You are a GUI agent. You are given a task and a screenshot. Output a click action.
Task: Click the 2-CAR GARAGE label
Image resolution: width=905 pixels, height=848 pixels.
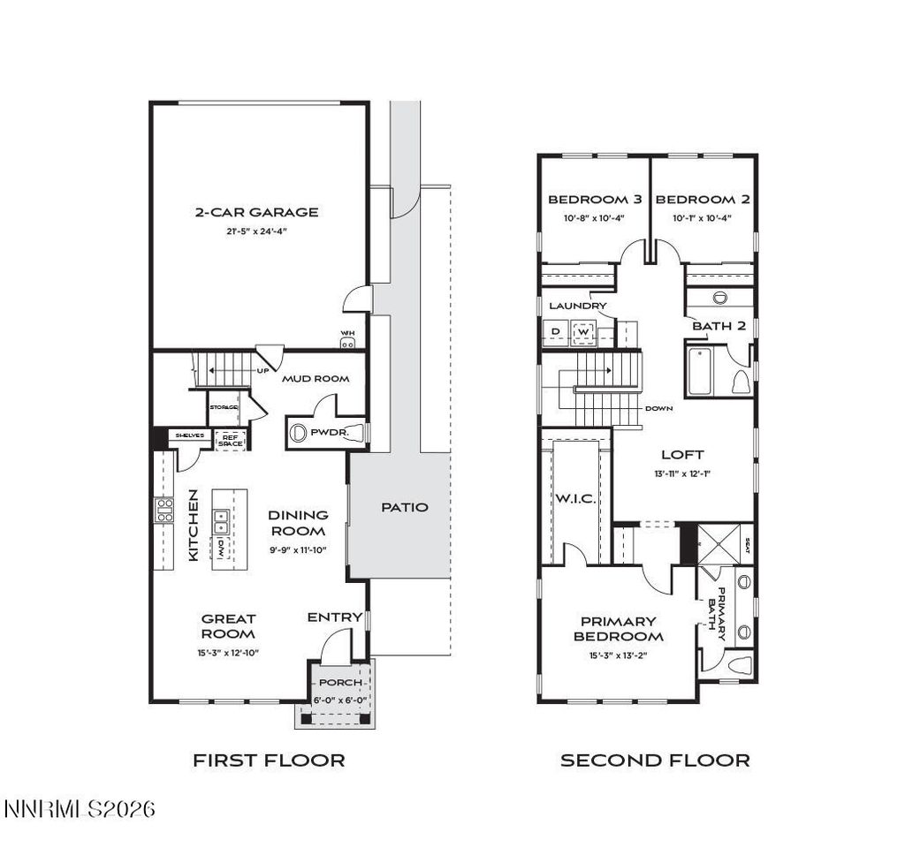256,212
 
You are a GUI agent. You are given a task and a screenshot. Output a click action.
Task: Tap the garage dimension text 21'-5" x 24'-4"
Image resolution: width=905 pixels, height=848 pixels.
256,231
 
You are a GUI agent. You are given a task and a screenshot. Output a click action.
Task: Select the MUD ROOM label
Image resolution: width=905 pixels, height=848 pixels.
316,379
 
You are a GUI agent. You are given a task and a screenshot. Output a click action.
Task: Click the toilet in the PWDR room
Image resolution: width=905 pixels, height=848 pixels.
298,433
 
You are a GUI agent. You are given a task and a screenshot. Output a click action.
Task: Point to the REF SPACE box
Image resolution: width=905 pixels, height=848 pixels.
230,439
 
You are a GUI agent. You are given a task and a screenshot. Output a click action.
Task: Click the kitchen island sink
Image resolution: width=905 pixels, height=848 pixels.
221,522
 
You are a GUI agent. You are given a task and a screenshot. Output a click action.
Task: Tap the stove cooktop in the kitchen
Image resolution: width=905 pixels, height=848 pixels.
165,511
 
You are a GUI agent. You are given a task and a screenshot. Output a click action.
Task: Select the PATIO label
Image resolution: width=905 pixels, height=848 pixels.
404,507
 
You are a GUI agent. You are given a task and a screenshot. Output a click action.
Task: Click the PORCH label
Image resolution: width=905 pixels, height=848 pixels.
340,682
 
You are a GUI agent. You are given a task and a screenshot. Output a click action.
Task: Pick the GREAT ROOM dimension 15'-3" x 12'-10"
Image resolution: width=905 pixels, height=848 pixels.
228,653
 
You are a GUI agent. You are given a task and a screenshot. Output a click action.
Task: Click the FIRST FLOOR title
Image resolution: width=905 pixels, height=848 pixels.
269,760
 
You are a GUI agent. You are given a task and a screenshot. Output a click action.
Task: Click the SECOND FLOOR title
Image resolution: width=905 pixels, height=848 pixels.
655,760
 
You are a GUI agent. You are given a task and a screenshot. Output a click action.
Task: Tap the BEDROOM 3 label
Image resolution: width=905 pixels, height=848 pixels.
587,200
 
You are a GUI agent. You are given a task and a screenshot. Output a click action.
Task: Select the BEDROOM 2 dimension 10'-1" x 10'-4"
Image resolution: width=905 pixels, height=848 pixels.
703,217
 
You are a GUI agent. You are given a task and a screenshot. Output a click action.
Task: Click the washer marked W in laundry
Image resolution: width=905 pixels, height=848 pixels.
582,332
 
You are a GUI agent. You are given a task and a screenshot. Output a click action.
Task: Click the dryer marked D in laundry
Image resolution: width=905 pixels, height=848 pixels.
555,332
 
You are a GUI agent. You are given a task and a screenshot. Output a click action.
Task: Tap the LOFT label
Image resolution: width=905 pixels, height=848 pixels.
683,455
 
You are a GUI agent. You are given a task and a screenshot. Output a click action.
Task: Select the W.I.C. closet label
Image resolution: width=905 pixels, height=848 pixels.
575,499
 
